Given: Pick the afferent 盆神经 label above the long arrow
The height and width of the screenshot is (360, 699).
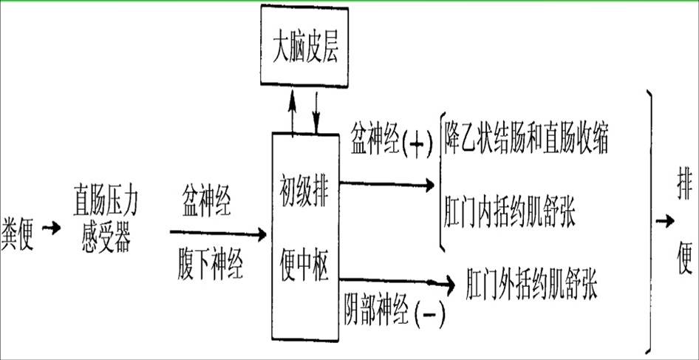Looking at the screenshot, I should (207, 201).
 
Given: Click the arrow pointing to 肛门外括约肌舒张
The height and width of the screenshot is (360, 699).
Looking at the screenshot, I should (399, 282).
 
